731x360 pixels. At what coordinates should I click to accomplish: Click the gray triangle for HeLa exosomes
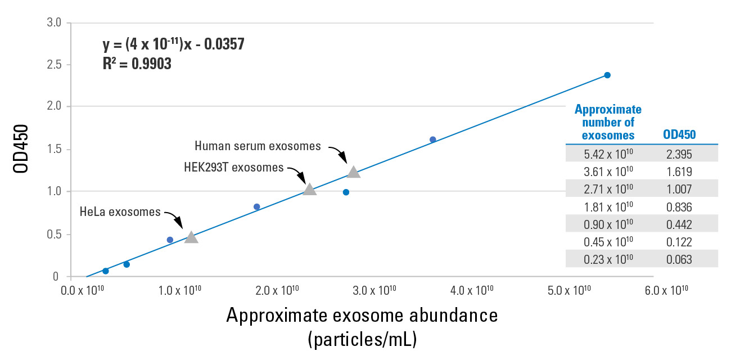pos(191,237)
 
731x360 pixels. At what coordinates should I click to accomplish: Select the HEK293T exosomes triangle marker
pos(309,190)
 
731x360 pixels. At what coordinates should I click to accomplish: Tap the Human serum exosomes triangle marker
pos(353,172)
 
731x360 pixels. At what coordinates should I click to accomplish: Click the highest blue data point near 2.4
pos(607,75)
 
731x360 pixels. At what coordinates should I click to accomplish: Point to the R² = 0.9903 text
pos(137,64)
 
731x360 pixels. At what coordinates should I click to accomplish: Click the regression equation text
pos(173,44)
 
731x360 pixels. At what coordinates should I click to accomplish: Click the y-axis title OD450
pos(21,150)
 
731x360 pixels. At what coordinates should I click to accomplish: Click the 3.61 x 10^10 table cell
pos(608,172)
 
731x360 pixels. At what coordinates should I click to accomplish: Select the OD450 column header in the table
pos(679,135)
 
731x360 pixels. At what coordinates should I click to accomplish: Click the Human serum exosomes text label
pos(258,146)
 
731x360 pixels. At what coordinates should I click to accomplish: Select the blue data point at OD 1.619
pos(432,139)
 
